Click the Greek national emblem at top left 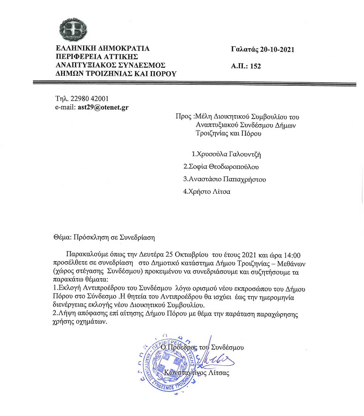click(x=73, y=30)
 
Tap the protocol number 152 click(x=255, y=66)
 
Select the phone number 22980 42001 click(x=89, y=99)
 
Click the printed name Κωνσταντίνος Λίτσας click(x=197, y=373)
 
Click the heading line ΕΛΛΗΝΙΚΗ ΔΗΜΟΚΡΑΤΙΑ click(x=103, y=49)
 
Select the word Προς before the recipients click(x=183, y=117)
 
